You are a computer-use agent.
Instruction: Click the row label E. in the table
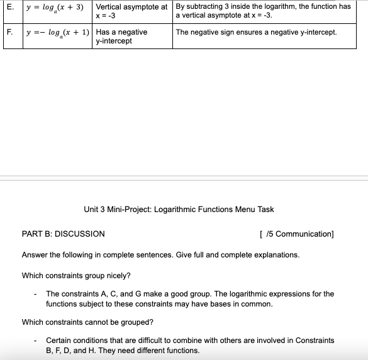pyautogui.click(x=9, y=6)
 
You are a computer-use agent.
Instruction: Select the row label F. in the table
pyautogui.click(x=9, y=31)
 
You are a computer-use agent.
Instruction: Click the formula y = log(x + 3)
pyautogui.click(x=55, y=7)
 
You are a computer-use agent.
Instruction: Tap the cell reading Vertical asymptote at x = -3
pyautogui.click(x=131, y=11)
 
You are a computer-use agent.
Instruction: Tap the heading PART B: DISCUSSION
pyautogui.click(x=64, y=233)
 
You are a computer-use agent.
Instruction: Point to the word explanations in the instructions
pyautogui.click(x=276, y=255)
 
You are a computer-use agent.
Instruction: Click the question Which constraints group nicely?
pyautogui.click(x=76, y=275)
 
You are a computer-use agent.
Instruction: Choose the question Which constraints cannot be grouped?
pyautogui.click(x=87, y=322)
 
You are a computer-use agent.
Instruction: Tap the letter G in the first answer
pyautogui.click(x=138, y=294)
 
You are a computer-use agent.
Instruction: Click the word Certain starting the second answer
pyautogui.click(x=60, y=340)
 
